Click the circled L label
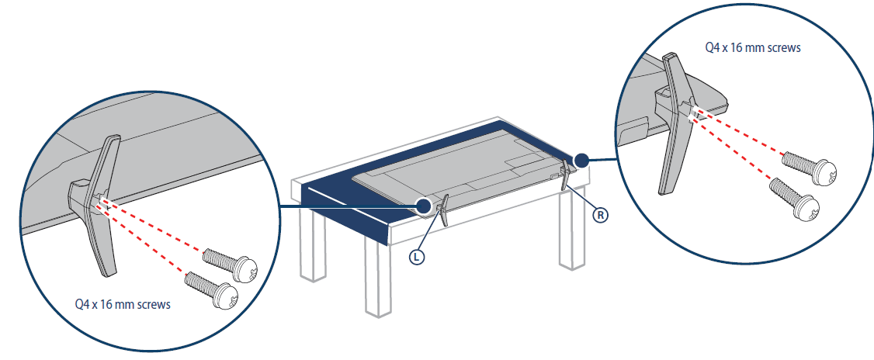(416, 257)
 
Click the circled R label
(600, 215)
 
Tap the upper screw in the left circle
(230, 264)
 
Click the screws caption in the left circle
(123, 305)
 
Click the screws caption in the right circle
(752, 48)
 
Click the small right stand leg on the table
(565, 175)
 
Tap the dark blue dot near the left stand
(424, 206)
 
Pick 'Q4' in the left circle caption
(82, 305)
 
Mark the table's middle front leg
(379, 279)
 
